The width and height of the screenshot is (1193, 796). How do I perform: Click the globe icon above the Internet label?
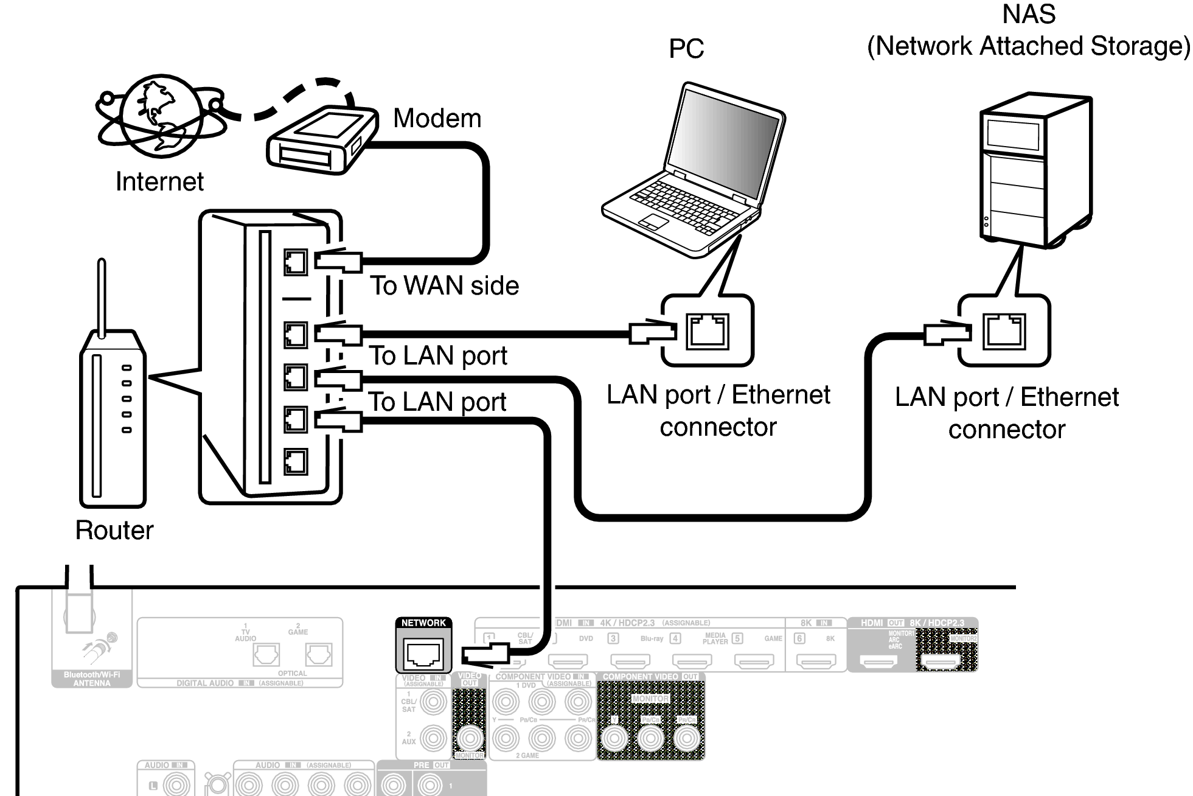(159, 115)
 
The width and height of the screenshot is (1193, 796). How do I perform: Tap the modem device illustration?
(321, 140)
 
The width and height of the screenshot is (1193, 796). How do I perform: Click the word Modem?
(437, 118)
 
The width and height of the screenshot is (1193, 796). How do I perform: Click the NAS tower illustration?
(1035, 170)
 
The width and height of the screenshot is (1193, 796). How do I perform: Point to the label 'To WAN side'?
(445, 285)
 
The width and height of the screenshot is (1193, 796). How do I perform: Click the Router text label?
(114, 530)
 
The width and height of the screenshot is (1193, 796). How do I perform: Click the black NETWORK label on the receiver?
(423, 623)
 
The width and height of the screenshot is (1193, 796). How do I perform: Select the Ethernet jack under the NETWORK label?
(423, 654)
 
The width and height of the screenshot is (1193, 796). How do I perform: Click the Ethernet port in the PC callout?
(708, 332)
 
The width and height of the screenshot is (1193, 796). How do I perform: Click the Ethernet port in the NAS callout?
(1004, 332)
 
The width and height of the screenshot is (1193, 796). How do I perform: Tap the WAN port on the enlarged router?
(296, 262)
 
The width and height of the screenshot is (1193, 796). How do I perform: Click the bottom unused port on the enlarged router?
(296, 461)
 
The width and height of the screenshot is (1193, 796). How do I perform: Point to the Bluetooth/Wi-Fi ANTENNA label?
(92, 679)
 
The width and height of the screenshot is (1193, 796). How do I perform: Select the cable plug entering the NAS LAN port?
(946, 332)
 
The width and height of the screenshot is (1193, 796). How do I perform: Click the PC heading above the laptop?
(686, 49)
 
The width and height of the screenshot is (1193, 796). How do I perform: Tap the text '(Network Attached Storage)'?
(1028, 46)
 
